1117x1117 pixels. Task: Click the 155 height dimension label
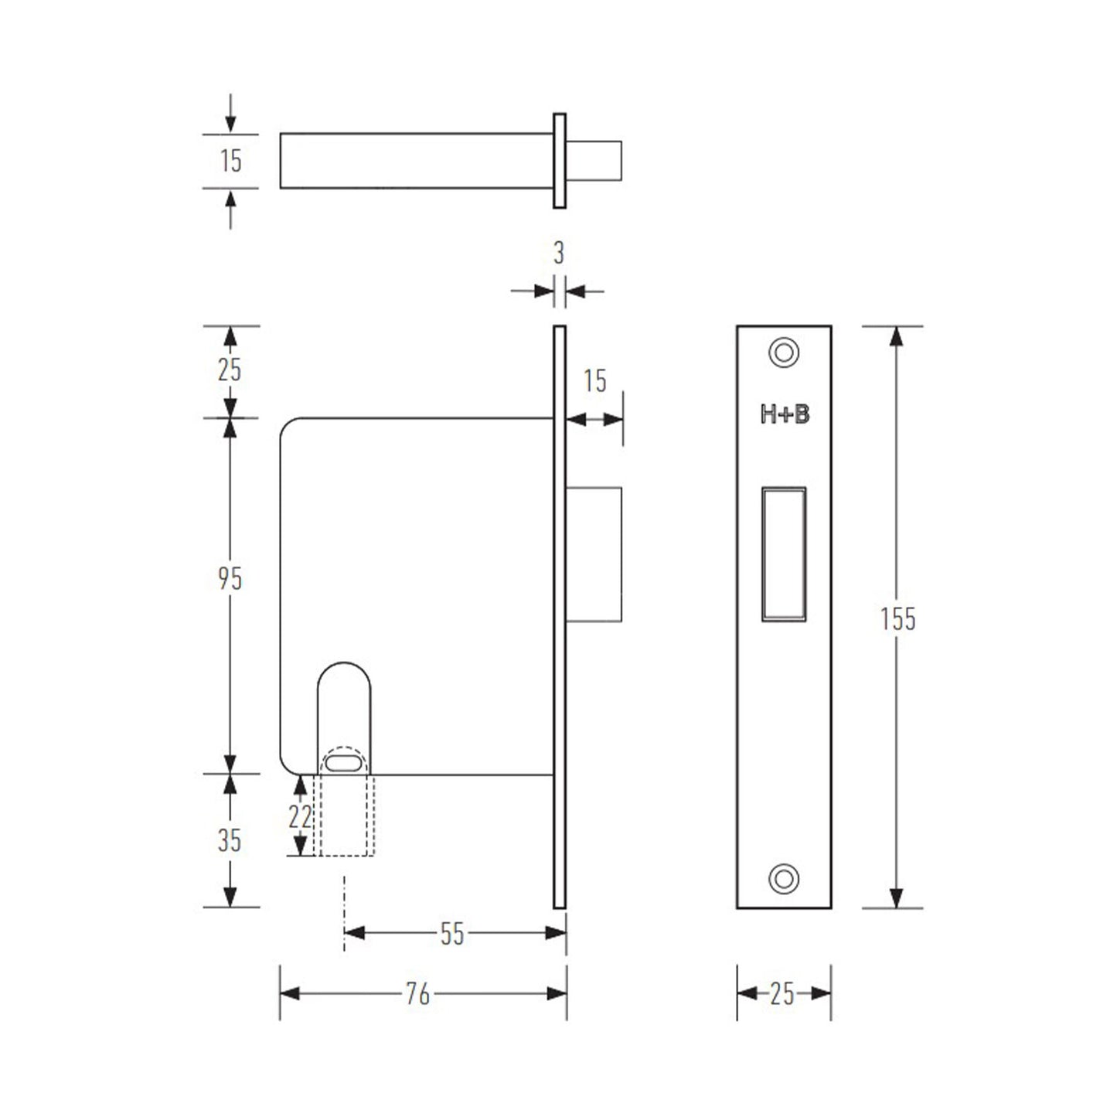pos(897,619)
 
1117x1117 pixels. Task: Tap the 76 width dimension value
pos(417,994)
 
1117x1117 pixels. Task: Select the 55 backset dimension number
pos(452,934)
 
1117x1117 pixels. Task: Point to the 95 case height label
pos(230,578)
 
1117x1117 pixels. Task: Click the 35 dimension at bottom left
pos(229,840)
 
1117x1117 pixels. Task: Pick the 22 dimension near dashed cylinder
pos(300,816)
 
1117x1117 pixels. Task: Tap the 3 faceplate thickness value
pos(559,253)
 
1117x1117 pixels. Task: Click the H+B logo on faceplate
pos(785,415)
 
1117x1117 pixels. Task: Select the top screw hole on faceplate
pos(784,352)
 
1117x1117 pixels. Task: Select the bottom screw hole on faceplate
pos(784,878)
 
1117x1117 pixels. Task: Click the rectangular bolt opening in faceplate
pos(784,553)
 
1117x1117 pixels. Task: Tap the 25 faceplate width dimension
pos(782,994)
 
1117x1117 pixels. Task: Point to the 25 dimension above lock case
pos(229,370)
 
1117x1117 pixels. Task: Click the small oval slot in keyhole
pos(343,764)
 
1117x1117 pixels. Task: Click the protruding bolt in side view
pos(594,553)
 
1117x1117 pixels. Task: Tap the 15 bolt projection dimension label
pos(594,381)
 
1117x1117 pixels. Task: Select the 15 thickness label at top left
pos(230,161)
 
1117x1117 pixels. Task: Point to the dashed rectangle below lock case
pos(344,827)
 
